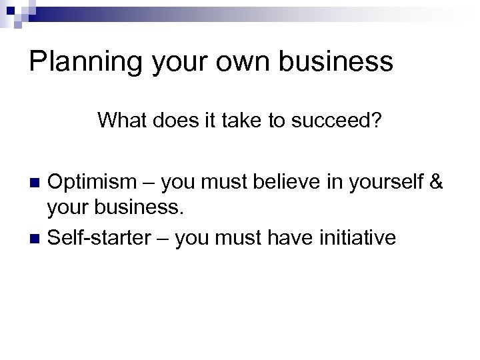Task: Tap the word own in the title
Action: [x=238, y=62]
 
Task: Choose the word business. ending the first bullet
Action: [x=139, y=209]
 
